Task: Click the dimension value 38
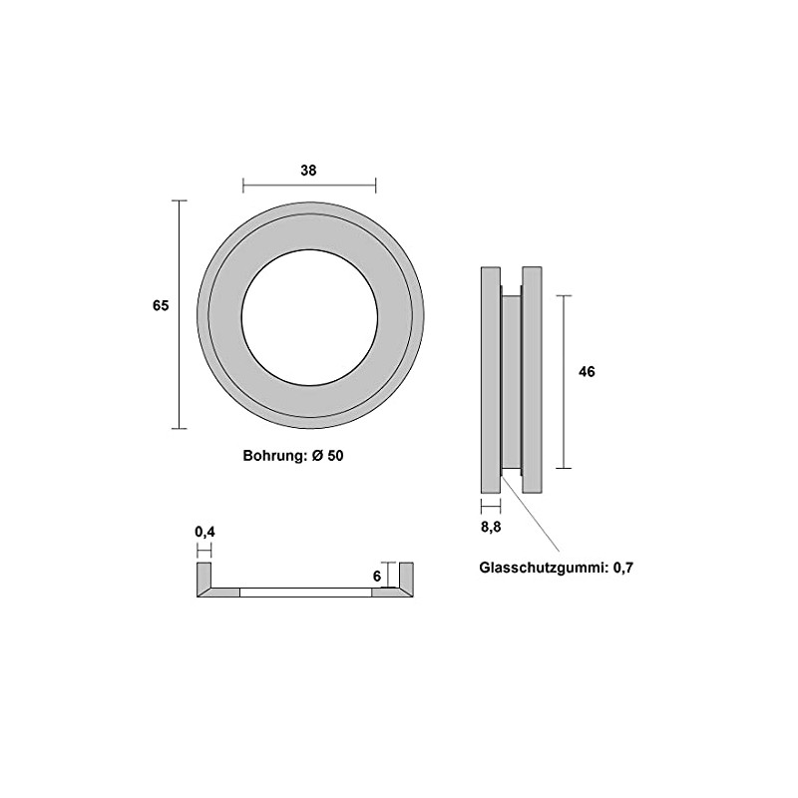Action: pyautogui.click(x=308, y=170)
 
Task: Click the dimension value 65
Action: pyautogui.click(x=161, y=306)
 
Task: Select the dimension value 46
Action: pyautogui.click(x=587, y=371)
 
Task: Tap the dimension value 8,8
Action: pyautogui.click(x=490, y=528)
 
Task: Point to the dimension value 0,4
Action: pyautogui.click(x=204, y=532)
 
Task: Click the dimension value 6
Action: pyautogui.click(x=378, y=577)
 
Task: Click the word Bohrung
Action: pyautogui.click(x=272, y=455)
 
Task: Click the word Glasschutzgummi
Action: pyautogui.click(x=542, y=568)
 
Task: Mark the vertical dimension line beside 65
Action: pyautogui.click(x=180, y=314)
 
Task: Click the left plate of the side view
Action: pyautogui.click(x=490, y=379)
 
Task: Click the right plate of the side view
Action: pyautogui.click(x=532, y=379)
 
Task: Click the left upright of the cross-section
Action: pyautogui.click(x=204, y=576)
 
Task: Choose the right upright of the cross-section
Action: pyautogui.click(x=406, y=576)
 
